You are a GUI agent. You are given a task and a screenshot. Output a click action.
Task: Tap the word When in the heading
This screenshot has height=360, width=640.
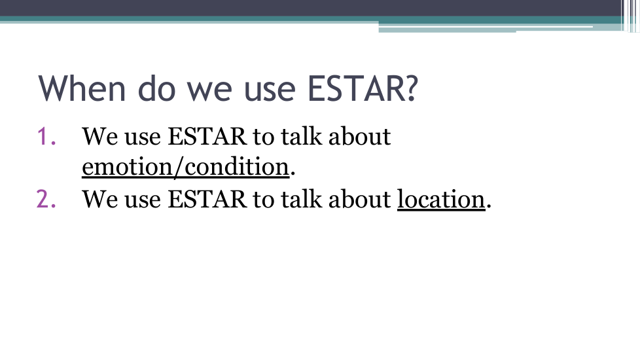tap(82, 88)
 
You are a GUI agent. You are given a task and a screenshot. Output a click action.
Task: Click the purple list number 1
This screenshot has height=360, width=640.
tap(46, 136)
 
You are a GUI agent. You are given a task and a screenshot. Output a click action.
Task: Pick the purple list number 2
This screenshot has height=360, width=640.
tap(46, 199)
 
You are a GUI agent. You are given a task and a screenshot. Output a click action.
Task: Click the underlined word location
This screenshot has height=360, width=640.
tap(441, 200)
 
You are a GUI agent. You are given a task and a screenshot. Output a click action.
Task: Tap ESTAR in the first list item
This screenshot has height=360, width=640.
tap(207, 136)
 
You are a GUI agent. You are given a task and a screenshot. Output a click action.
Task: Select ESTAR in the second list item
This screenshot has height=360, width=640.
tap(207, 199)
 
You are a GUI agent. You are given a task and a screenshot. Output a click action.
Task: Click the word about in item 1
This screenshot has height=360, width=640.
tap(359, 136)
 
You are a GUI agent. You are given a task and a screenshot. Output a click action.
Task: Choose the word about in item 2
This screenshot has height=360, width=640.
tap(359, 199)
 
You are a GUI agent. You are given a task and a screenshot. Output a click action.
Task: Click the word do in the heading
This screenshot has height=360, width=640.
tap(157, 88)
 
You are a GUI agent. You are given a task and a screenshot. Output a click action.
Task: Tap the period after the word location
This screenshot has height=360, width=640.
tap(489, 207)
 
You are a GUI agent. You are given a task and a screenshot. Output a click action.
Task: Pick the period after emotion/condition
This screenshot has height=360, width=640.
tap(293, 174)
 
